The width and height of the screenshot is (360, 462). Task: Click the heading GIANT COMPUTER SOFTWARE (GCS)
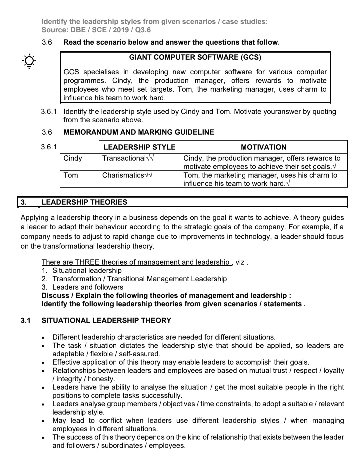coord(195,57)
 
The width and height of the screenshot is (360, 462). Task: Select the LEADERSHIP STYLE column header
coord(139,147)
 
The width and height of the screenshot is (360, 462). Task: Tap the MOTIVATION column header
coord(263,147)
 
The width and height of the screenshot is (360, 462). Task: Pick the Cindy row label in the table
coord(73,158)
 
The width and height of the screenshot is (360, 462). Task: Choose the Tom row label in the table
coord(70,175)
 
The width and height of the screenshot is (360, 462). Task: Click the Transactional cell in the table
coord(124,158)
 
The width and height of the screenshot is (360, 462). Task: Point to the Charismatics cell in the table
coord(123,175)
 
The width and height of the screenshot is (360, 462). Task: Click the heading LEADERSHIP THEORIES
coord(84,202)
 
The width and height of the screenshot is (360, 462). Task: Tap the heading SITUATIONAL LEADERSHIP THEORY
coord(106,320)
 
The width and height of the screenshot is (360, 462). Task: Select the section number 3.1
coord(25,320)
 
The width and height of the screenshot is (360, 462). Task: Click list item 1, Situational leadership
coord(87,270)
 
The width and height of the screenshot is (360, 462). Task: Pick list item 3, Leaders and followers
coord(88,287)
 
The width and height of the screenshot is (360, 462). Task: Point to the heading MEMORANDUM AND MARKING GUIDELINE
coord(139,132)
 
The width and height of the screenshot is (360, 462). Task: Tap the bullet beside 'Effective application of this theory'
coord(43,362)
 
